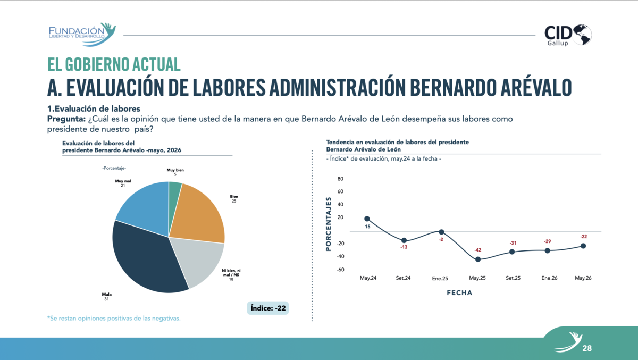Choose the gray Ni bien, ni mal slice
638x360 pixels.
(199, 259)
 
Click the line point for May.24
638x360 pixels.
(367, 219)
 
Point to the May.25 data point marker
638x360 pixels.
(478, 259)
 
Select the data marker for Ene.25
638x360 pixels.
(441, 232)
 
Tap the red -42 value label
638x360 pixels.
(477, 250)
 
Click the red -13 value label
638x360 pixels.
(404, 247)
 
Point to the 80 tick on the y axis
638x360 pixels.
(340, 179)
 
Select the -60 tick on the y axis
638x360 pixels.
(340, 270)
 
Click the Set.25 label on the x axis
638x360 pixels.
(513, 278)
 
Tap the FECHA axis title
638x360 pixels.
(459, 293)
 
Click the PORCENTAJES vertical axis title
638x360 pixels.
(329, 224)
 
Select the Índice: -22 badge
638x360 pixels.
(268, 308)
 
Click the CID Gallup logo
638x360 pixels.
(568, 35)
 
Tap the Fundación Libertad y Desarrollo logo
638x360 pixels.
(82, 35)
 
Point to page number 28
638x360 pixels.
(587, 348)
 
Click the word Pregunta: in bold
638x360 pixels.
(66, 119)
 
